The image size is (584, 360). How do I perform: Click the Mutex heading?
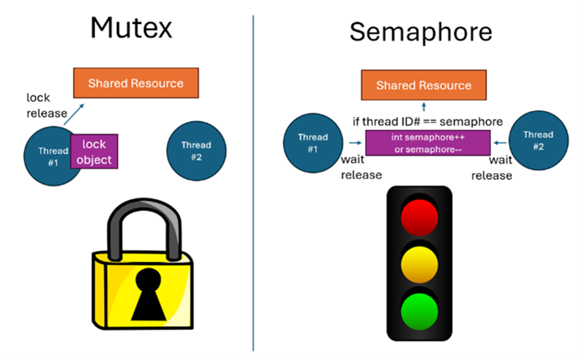click(x=131, y=28)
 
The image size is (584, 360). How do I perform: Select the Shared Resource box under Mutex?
click(x=136, y=83)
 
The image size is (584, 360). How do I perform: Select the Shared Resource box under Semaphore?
click(x=423, y=85)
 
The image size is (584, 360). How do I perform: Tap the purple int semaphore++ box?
click(x=428, y=143)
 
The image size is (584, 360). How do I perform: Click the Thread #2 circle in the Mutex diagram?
click(x=196, y=151)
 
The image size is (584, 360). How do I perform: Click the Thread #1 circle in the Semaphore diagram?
click(x=313, y=142)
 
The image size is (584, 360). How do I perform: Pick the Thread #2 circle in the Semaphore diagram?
click(x=538, y=140)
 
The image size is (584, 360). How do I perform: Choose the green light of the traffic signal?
click(x=419, y=313)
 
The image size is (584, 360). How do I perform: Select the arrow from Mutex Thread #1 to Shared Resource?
click(x=74, y=114)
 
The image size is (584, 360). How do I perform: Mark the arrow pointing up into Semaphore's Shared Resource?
click(x=424, y=107)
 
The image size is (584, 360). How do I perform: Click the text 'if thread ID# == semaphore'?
click(x=427, y=121)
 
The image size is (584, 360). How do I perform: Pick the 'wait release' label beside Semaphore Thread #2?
click(x=492, y=168)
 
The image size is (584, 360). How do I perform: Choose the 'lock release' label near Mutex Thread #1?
click(x=46, y=105)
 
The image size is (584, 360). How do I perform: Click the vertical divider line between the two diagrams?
click(x=253, y=183)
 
